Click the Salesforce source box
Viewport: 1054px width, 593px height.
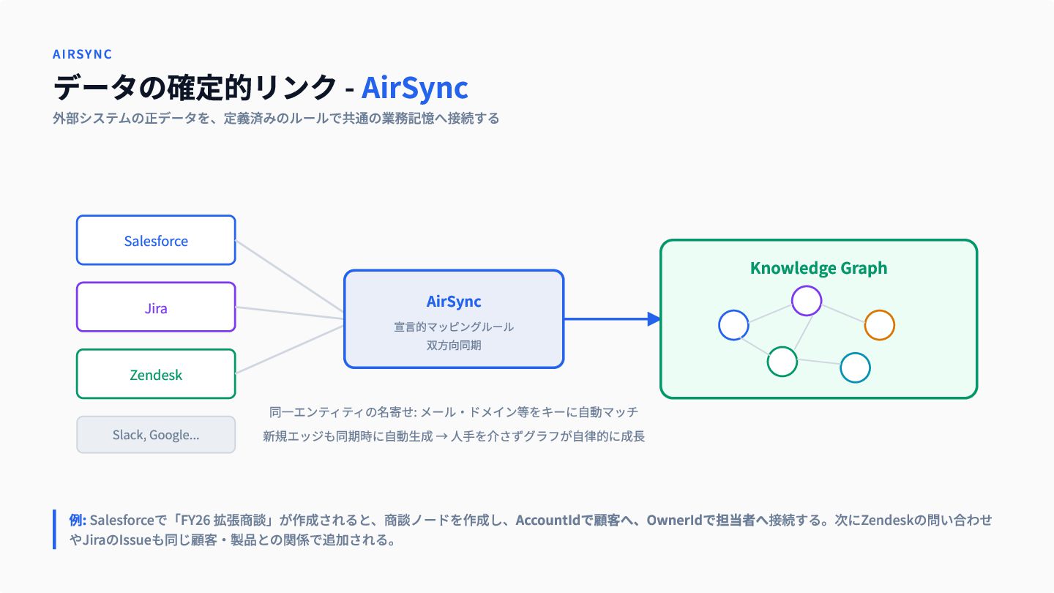click(x=156, y=240)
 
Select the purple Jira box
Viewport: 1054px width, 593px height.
click(x=156, y=307)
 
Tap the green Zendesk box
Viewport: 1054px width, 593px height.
click(x=156, y=373)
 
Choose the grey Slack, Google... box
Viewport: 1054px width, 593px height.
click(x=156, y=434)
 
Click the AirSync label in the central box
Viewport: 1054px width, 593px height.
click(x=454, y=301)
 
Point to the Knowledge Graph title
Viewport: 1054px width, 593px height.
click(x=819, y=268)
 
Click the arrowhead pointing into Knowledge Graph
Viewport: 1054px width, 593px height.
click(x=654, y=319)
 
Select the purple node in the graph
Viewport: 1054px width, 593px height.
click(x=807, y=301)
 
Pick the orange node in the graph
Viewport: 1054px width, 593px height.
click(x=880, y=325)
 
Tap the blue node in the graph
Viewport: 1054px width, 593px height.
click(x=733, y=325)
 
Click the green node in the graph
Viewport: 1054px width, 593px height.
click(x=782, y=362)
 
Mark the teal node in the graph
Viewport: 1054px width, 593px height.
click(x=855, y=368)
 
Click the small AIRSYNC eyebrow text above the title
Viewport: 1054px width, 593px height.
click(x=82, y=54)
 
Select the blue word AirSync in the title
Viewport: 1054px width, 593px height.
click(x=414, y=88)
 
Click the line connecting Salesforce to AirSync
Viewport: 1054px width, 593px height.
click(x=289, y=276)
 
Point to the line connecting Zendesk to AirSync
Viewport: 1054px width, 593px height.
click(x=289, y=350)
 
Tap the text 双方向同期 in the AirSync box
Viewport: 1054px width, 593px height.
click(x=454, y=346)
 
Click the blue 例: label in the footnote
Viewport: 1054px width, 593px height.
click(x=78, y=520)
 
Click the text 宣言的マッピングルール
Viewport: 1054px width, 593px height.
click(x=454, y=327)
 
